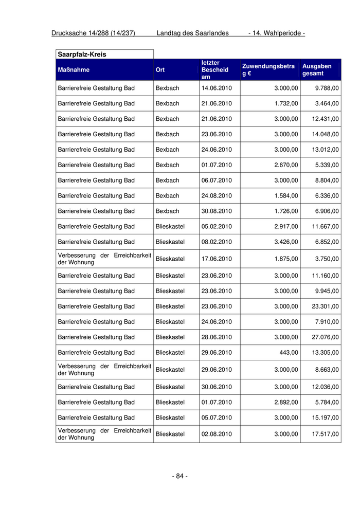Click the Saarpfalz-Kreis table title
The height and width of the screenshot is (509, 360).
(x=82, y=54)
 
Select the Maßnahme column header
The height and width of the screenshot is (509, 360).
(x=74, y=70)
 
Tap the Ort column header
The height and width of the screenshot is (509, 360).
(x=160, y=70)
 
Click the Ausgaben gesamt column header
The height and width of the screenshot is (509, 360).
(x=317, y=70)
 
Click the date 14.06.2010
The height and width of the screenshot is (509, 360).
(x=217, y=88)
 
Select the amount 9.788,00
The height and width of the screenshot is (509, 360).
(x=327, y=88)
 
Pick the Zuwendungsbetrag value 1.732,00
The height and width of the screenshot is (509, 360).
(x=286, y=103)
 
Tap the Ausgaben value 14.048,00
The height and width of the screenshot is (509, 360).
(x=325, y=134)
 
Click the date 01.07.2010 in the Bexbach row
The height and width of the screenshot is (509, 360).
(x=217, y=165)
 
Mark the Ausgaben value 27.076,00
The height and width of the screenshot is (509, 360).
(x=325, y=337)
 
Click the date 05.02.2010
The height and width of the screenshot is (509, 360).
(x=217, y=226)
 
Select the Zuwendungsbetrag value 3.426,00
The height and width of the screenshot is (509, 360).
(x=286, y=242)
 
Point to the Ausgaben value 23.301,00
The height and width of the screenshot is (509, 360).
(x=325, y=306)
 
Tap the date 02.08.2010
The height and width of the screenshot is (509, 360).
(x=217, y=434)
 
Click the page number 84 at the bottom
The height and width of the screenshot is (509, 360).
(x=179, y=476)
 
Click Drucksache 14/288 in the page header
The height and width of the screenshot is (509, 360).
(x=93, y=33)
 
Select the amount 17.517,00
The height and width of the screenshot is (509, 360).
(x=325, y=434)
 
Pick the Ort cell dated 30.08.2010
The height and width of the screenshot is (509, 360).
(x=167, y=211)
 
